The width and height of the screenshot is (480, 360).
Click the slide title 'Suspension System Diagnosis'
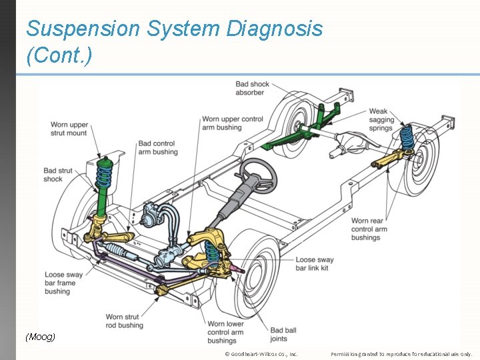point(174,29)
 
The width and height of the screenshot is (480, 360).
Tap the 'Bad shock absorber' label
point(252,89)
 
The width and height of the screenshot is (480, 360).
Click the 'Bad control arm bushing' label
point(158,148)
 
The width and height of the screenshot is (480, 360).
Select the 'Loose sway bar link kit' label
point(315,264)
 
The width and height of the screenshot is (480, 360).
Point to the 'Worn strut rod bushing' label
point(124,321)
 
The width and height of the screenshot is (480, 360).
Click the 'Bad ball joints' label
point(283,334)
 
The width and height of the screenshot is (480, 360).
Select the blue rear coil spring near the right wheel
point(406,139)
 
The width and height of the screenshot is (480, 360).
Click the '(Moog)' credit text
point(40,337)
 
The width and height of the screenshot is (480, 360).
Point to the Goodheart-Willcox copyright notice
point(261,353)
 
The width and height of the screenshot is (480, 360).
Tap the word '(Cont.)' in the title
point(59,56)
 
